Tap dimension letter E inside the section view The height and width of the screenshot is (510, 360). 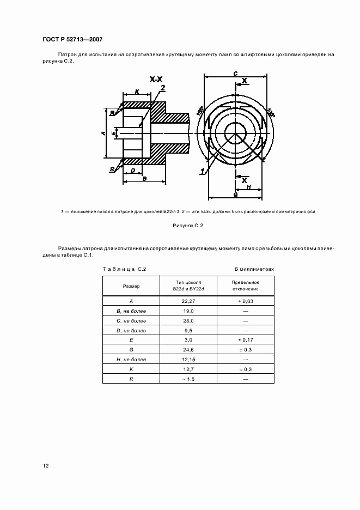(x=113, y=133)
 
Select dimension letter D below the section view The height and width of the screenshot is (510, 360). (x=133, y=171)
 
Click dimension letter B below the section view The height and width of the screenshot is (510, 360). (x=143, y=178)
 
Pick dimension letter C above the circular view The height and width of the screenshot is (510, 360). (x=234, y=72)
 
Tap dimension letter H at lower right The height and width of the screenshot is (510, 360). (x=249, y=186)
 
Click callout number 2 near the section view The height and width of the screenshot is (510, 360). (x=162, y=88)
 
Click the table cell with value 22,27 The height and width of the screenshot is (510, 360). (x=187, y=301)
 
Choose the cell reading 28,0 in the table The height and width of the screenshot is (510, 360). (x=187, y=321)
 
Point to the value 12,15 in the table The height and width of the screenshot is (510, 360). (x=187, y=359)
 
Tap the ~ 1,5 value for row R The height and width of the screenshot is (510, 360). (x=187, y=379)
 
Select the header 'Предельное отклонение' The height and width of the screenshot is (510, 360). (x=246, y=286)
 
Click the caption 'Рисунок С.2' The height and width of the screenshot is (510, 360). (x=187, y=224)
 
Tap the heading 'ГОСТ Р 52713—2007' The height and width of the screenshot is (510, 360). (x=72, y=40)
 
